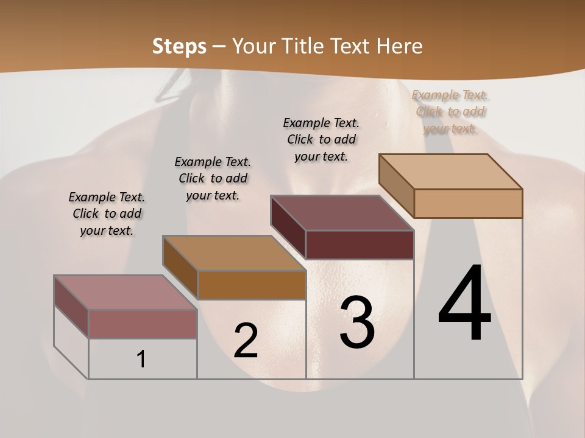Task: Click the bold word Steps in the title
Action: point(179,46)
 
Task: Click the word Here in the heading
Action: point(401,46)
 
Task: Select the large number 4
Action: point(464,304)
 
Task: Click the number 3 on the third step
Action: point(357,322)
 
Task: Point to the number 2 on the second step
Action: point(246,341)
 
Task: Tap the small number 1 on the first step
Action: point(141,359)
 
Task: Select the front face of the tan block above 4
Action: point(468,203)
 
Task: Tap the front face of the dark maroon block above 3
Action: point(360,245)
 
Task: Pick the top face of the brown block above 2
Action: point(234,253)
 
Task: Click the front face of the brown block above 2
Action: point(252,285)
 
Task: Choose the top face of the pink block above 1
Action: point(126,293)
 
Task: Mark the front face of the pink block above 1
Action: point(143,324)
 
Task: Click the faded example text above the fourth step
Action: point(450,112)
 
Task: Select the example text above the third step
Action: point(321,139)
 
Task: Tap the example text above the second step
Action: point(213,178)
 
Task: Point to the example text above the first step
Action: point(107,214)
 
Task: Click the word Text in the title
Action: point(352,46)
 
